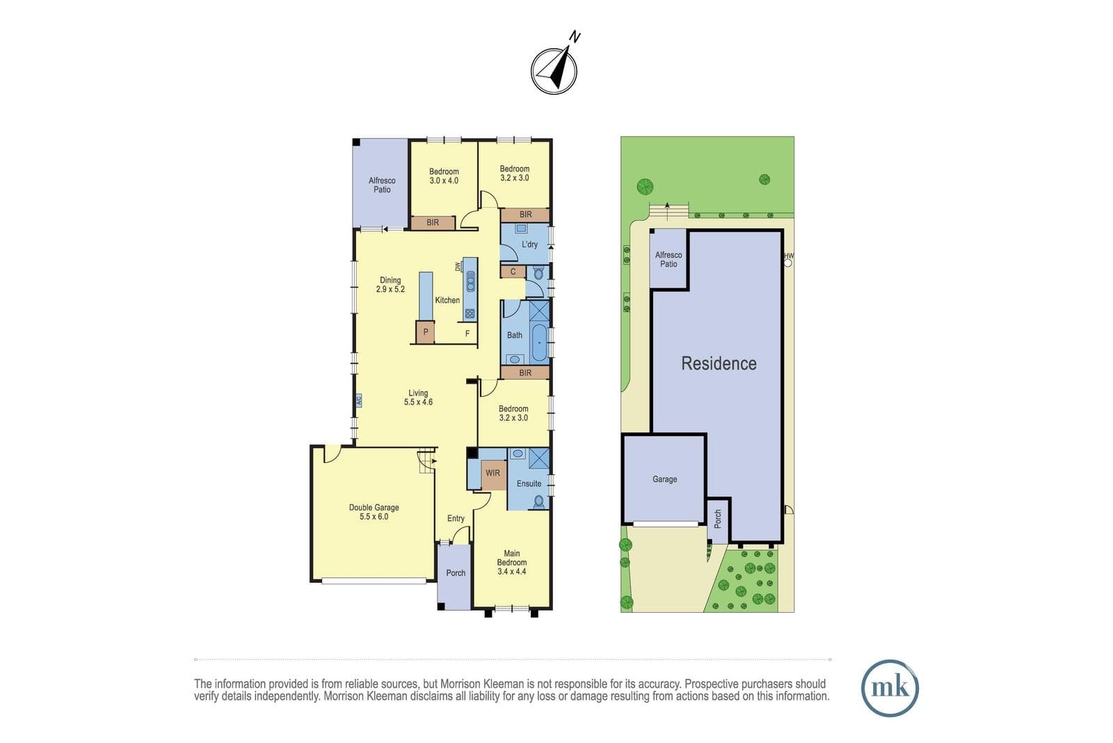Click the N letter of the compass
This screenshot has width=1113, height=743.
(x=575, y=37)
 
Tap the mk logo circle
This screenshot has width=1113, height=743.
(x=890, y=688)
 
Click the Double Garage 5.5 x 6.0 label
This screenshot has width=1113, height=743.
(x=374, y=512)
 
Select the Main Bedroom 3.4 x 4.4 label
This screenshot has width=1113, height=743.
(x=512, y=562)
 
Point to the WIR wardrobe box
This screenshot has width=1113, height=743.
(x=493, y=475)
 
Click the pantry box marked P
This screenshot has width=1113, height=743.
(x=425, y=332)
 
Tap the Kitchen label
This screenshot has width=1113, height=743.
(x=447, y=300)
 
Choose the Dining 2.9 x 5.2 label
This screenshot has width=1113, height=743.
(x=390, y=285)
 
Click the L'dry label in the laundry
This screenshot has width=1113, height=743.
(x=529, y=244)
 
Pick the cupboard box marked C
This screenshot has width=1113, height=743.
(x=513, y=272)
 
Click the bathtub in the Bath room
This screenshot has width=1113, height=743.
(x=539, y=343)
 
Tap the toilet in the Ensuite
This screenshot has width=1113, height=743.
(x=538, y=502)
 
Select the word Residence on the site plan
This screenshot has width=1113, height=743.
(x=719, y=363)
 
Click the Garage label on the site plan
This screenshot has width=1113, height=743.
(x=665, y=479)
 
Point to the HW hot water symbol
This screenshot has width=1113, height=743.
(x=788, y=260)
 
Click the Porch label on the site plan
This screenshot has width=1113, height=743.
(x=717, y=519)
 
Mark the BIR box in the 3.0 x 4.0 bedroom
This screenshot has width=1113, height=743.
(x=433, y=223)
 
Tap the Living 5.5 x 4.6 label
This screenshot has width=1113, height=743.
(x=418, y=398)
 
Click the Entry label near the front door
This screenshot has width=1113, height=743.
(x=456, y=518)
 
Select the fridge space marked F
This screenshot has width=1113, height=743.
(x=467, y=334)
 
